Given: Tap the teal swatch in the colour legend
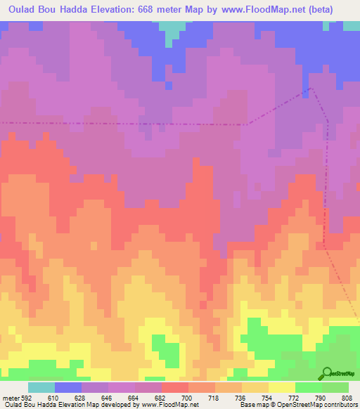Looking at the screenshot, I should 41,387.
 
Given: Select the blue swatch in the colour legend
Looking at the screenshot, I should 68,387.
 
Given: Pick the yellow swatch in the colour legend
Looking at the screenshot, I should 282,387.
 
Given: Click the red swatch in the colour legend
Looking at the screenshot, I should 175,387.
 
